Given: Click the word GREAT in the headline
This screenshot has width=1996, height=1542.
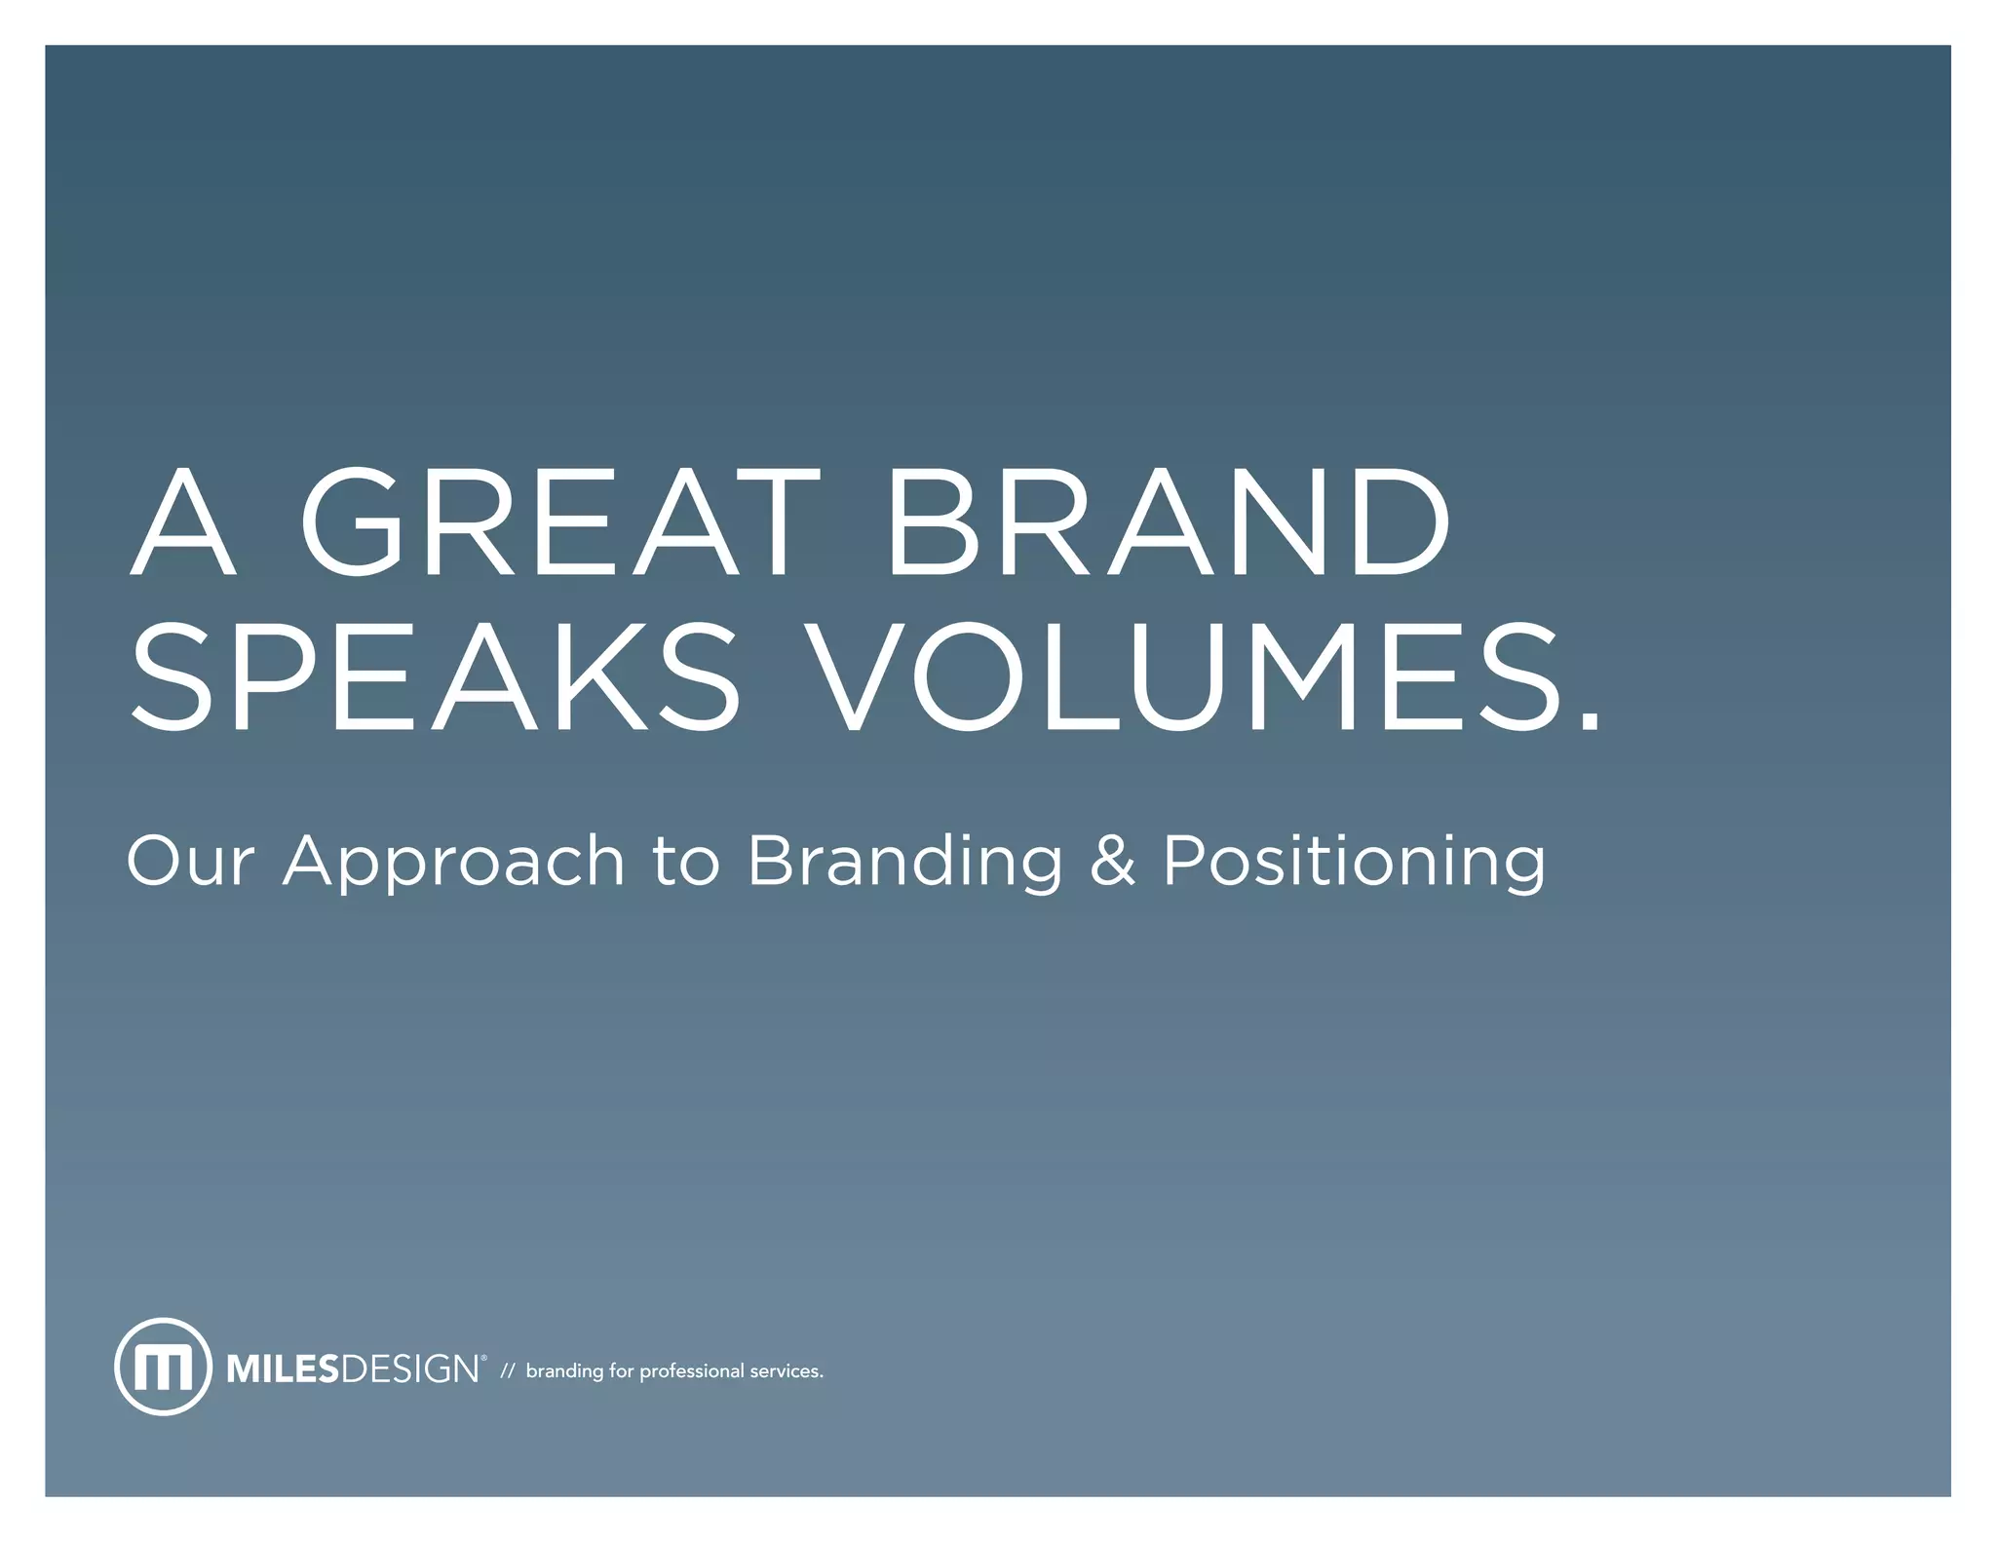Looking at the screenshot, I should click(x=561, y=522).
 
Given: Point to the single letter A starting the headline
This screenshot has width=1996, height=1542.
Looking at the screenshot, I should click(x=183, y=522).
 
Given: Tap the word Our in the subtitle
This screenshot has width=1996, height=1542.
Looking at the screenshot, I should click(x=191, y=862).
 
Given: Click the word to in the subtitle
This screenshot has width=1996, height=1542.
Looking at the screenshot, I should click(x=686, y=862).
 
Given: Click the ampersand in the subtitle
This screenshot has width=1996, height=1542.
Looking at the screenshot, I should click(x=1112, y=862).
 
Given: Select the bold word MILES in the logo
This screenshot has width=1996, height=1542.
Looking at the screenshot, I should click(x=283, y=1369).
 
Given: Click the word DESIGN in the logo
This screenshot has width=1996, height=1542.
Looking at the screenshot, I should click(x=409, y=1369).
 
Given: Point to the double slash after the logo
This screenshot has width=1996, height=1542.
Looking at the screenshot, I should click(x=507, y=1371).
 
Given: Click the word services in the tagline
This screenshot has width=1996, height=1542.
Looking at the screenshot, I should click(x=786, y=1371).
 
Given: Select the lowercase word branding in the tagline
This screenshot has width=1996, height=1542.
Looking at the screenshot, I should click(x=564, y=1371).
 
